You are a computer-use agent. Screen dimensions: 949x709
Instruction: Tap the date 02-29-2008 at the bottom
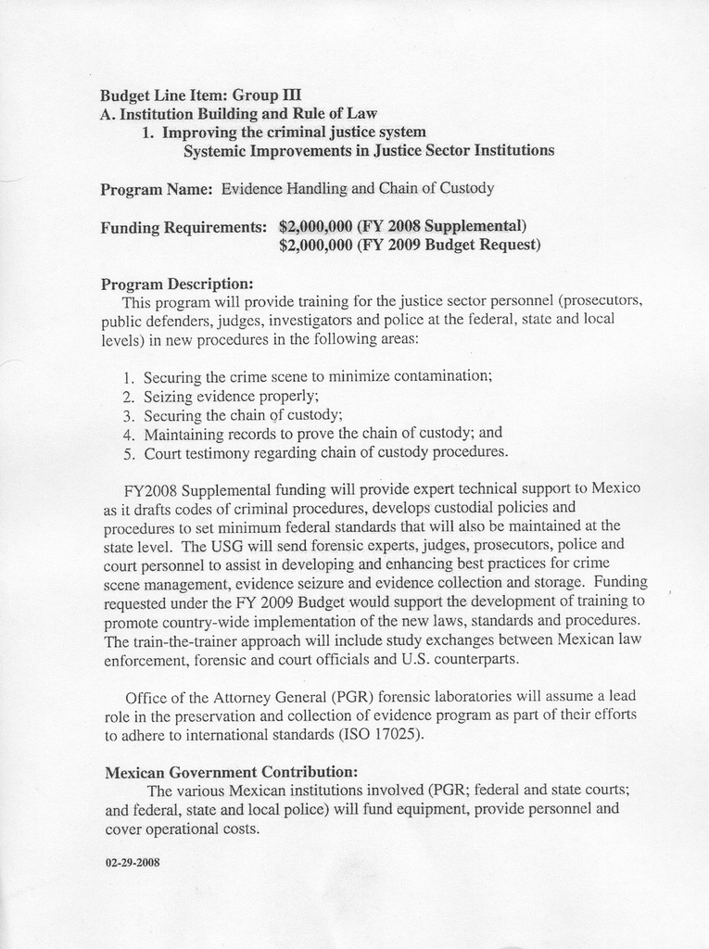pos(133,862)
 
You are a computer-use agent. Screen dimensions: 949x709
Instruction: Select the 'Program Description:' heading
pos(177,283)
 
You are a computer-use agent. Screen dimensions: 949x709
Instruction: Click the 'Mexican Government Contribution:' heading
pos(231,772)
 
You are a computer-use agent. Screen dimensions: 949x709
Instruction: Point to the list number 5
pos(129,453)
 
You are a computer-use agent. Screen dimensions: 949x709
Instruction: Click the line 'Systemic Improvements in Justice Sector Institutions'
pos(369,150)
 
